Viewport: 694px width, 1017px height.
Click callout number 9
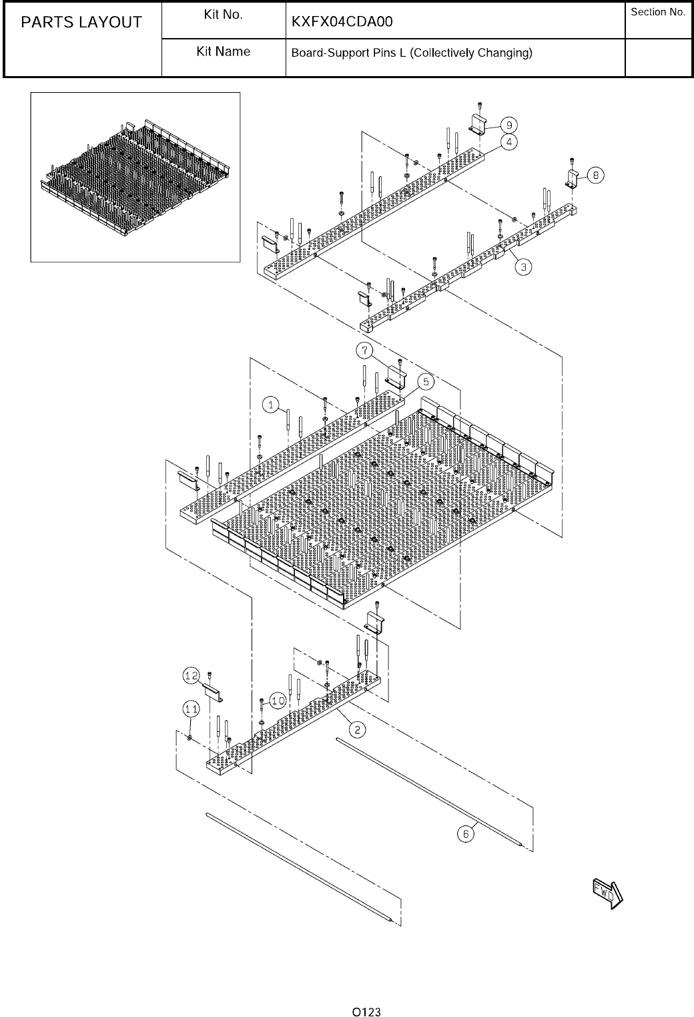(508, 125)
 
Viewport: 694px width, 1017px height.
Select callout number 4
(508, 142)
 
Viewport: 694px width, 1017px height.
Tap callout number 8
(595, 175)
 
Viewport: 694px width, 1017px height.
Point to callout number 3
(526, 266)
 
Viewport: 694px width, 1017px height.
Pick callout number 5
(426, 381)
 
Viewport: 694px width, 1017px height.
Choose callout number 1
(270, 404)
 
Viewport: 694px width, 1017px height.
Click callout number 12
(192, 676)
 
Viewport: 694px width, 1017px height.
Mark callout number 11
(192, 707)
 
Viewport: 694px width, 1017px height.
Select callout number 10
(278, 700)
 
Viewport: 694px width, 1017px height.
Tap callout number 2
(358, 729)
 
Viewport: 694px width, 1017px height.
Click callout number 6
(466, 833)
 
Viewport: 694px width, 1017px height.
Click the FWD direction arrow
(607, 892)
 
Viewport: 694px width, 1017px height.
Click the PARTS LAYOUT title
(81, 23)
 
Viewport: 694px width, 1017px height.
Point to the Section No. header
(658, 13)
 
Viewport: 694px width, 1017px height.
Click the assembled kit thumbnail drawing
(135, 176)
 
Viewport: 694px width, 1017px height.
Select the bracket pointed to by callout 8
(573, 179)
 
